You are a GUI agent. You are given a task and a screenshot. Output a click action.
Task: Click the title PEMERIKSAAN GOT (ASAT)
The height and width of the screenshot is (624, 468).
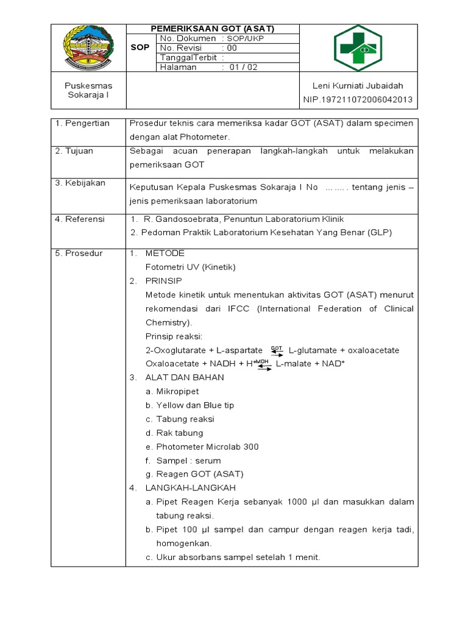click(213, 29)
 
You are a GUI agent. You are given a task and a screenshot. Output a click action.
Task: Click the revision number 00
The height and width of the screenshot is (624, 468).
click(232, 48)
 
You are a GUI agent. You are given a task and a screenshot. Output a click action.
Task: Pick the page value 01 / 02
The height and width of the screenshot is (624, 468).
click(244, 68)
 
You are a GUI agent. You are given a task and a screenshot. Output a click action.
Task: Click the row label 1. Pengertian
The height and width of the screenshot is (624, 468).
click(82, 123)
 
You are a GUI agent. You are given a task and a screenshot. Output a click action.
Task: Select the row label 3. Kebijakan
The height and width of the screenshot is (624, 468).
click(80, 183)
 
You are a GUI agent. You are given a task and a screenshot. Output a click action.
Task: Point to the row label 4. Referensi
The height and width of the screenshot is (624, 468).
click(80, 219)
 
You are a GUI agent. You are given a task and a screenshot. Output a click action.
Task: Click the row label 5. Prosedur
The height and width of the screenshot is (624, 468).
click(79, 253)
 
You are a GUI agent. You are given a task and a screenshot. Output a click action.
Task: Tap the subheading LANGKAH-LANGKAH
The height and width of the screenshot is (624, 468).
click(190, 488)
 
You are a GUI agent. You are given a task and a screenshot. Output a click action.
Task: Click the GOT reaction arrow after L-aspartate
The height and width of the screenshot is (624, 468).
click(277, 350)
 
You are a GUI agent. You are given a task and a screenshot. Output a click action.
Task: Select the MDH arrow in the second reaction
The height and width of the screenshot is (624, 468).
click(263, 364)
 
